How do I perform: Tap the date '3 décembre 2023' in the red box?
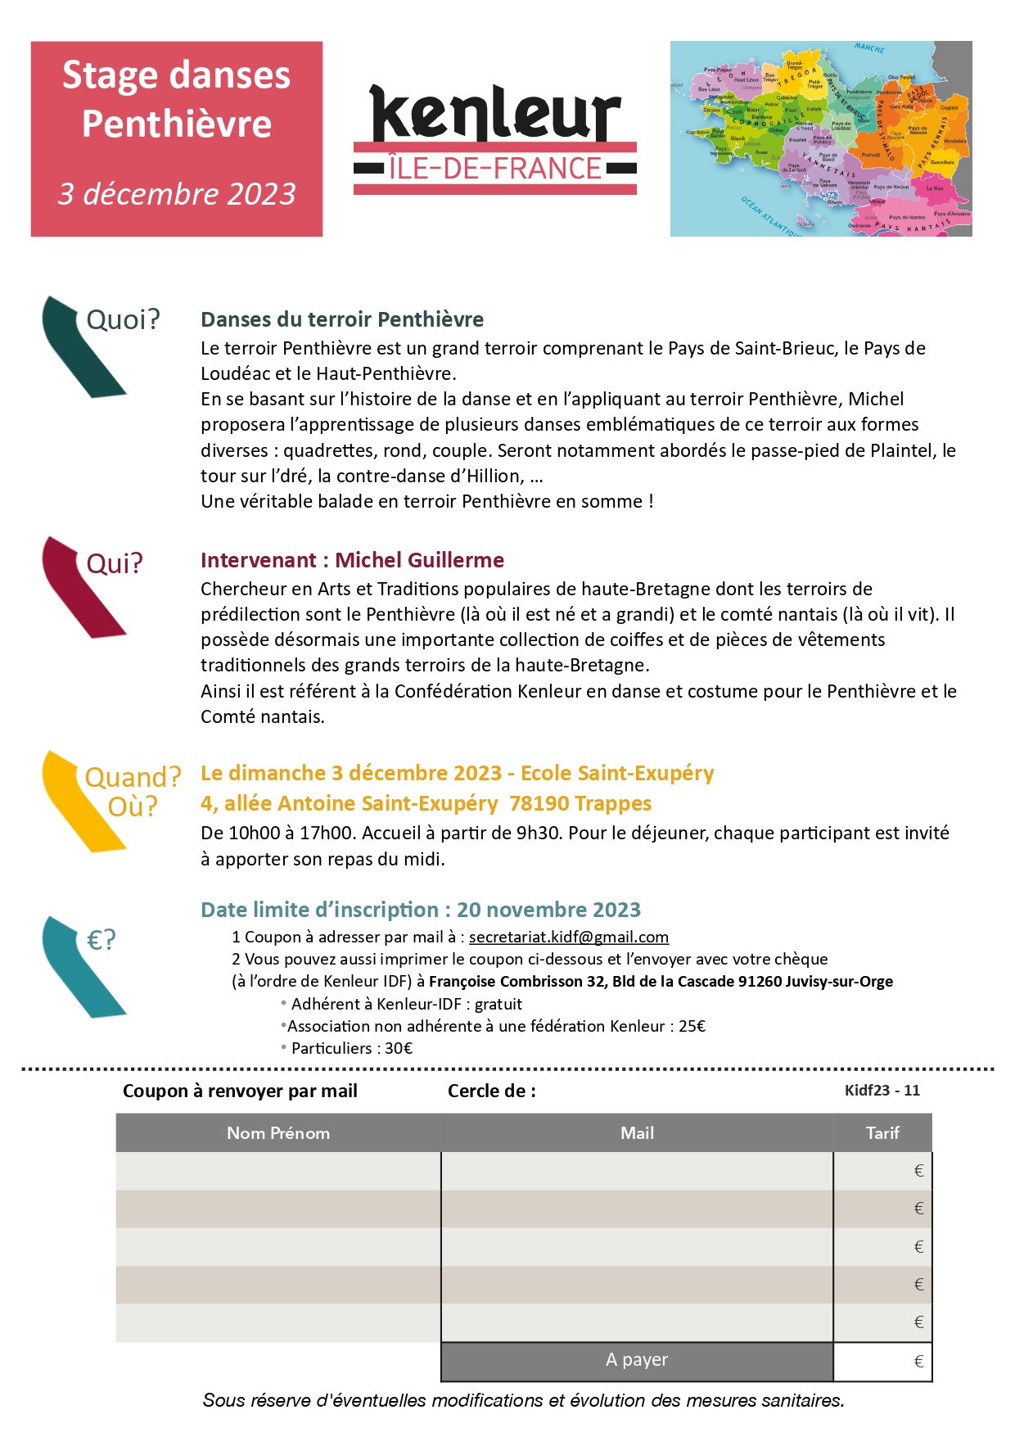coord(177,194)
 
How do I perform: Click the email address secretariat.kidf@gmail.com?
coord(568,937)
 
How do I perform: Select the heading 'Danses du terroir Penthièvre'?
coord(342,319)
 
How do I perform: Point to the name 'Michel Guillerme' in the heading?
coord(419,560)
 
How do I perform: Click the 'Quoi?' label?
coord(123,319)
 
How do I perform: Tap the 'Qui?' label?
coord(115,563)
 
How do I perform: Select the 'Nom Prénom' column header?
coord(278,1133)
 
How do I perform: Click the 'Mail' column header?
coord(637,1133)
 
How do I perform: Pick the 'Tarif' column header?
coord(882,1133)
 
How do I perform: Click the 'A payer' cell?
coord(637,1360)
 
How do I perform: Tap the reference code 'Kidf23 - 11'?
coord(882,1091)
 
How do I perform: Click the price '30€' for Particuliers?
coord(399,1048)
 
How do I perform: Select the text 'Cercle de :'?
coord(491,1091)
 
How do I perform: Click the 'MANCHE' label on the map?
coord(869,48)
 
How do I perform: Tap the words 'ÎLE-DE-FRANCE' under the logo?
coord(495,169)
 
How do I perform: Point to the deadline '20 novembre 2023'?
coord(548,910)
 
